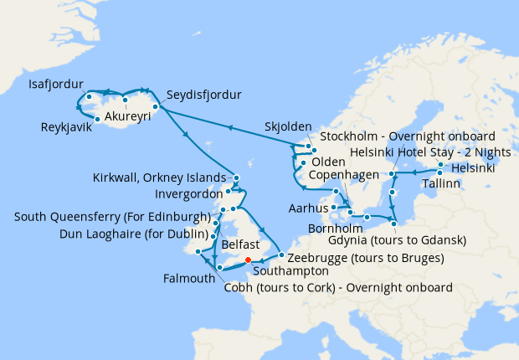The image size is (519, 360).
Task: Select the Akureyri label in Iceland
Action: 127,117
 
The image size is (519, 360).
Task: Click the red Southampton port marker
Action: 248,259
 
